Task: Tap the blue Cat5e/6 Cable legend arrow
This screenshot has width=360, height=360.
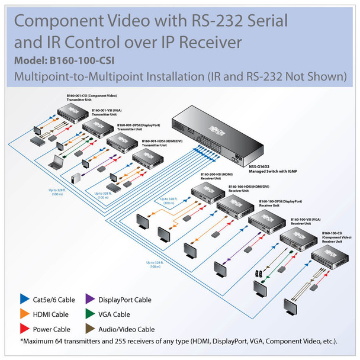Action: coord(24,298)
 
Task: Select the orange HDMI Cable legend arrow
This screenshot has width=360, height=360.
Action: coord(24,313)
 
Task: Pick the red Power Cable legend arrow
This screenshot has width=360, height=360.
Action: coord(24,329)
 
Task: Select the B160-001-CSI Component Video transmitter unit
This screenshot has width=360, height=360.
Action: coord(73,113)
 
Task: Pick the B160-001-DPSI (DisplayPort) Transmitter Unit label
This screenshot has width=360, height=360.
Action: coord(137,127)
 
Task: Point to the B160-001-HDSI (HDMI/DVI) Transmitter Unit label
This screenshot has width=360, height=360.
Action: coord(160,143)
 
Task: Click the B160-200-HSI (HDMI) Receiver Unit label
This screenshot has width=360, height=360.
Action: coord(216,176)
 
